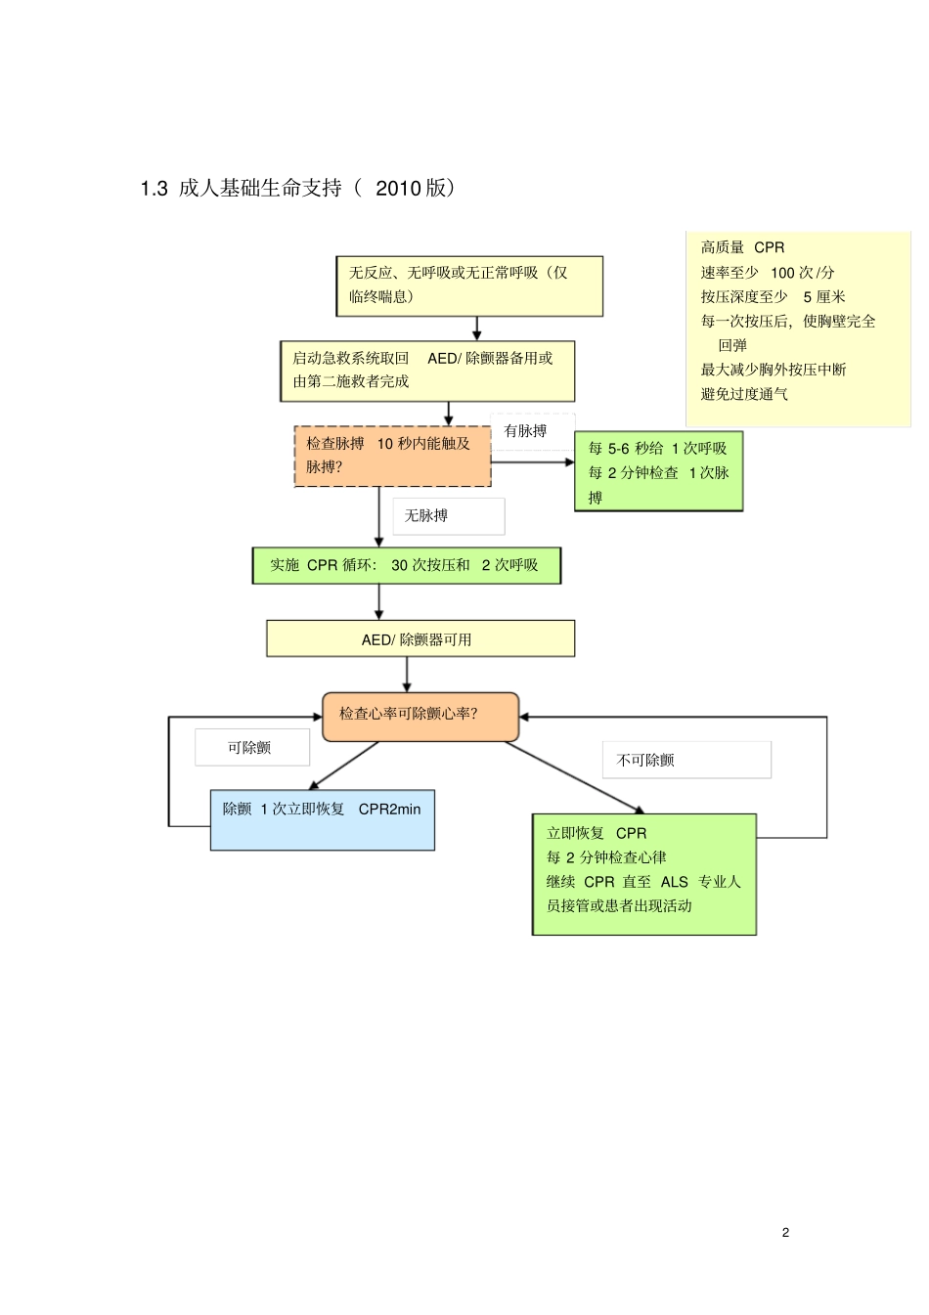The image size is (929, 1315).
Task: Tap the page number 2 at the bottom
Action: tap(785, 1232)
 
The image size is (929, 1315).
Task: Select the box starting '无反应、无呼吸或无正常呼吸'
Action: tap(468, 285)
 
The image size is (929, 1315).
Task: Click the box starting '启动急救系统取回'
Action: tap(426, 371)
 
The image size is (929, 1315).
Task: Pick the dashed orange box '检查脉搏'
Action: tap(392, 456)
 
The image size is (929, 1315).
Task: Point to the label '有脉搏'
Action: tap(525, 431)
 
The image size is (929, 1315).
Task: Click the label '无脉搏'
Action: tap(427, 515)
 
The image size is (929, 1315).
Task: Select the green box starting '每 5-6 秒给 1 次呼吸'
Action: tap(658, 472)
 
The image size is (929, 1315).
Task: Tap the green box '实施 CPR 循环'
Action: tap(406, 565)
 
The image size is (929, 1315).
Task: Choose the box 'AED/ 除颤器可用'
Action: tap(420, 639)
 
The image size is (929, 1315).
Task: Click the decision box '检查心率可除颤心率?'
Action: tap(420, 715)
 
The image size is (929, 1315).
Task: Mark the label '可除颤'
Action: tap(249, 748)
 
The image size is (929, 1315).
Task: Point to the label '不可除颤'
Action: tap(646, 760)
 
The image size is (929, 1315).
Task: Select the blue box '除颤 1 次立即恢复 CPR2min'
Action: tap(322, 819)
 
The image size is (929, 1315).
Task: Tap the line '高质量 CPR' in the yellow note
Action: tap(742, 248)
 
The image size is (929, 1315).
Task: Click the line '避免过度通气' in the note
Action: tap(744, 394)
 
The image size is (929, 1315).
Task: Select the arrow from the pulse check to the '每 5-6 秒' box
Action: tap(533, 461)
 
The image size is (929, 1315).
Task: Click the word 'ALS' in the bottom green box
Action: tap(674, 882)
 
